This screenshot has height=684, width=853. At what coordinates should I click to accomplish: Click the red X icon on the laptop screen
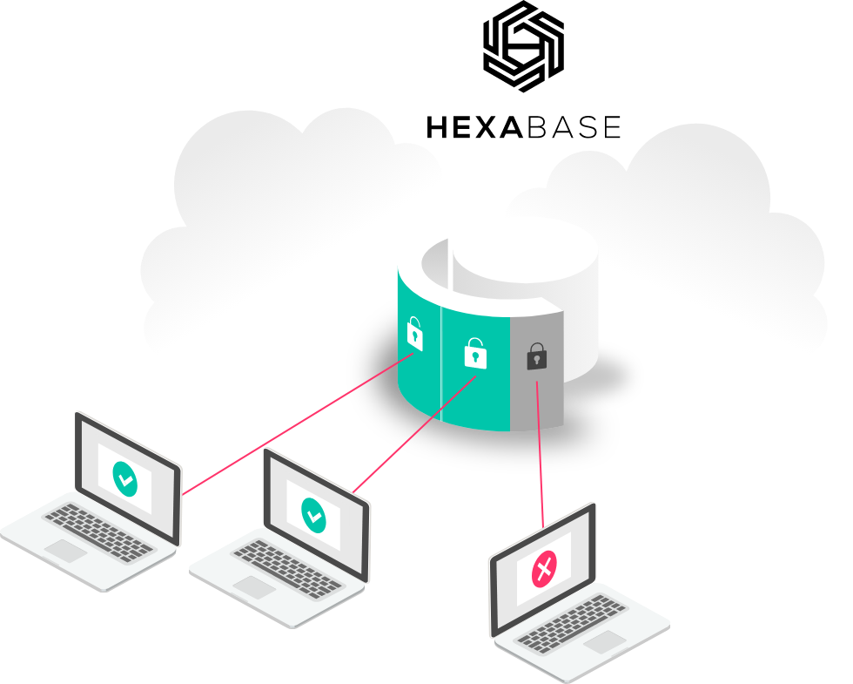coord(544,571)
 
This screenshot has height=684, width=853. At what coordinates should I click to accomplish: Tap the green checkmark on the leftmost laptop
coord(125,478)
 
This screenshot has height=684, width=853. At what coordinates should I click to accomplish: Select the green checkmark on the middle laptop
coord(313,514)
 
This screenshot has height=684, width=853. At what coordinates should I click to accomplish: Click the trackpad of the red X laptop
coord(606,642)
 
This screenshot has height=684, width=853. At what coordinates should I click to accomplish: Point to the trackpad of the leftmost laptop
coord(65,550)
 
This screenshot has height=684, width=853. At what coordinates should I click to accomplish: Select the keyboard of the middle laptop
coord(286,566)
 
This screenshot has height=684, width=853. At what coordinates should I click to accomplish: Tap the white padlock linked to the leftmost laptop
coord(414,335)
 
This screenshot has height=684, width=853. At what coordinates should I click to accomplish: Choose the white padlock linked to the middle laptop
coord(474,353)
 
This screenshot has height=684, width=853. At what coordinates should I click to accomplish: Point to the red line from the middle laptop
coord(413,436)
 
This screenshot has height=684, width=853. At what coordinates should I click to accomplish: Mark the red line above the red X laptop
coord(540,453)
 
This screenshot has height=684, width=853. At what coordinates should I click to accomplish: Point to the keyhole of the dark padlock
coord(537,360)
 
